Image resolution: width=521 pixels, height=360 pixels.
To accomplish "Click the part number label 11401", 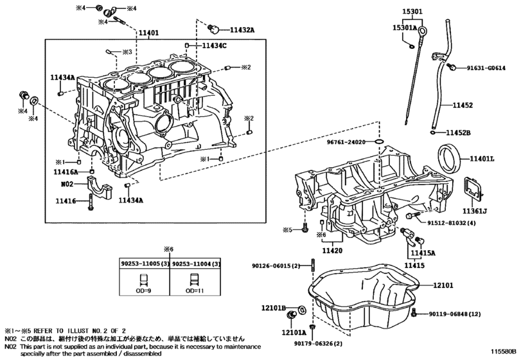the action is [148, 33].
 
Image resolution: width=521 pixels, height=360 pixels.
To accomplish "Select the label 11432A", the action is [242, 30].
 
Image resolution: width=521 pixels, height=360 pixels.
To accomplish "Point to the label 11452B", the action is [458, 132].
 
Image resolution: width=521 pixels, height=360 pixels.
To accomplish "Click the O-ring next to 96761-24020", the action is [379, 142].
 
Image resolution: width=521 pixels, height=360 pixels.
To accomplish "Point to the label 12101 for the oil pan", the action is [443, 285].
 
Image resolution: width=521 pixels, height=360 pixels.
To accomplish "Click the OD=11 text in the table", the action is [195, 291].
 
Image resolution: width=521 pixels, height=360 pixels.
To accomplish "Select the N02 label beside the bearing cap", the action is [67, 184].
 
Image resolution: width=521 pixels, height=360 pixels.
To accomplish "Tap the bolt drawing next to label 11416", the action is [91, 201].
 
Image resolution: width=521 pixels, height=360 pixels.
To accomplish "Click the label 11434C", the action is [215, 46].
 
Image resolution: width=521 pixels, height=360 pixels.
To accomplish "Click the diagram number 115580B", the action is [504, 351].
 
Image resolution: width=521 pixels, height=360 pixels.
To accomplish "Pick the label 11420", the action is [332, 251].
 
